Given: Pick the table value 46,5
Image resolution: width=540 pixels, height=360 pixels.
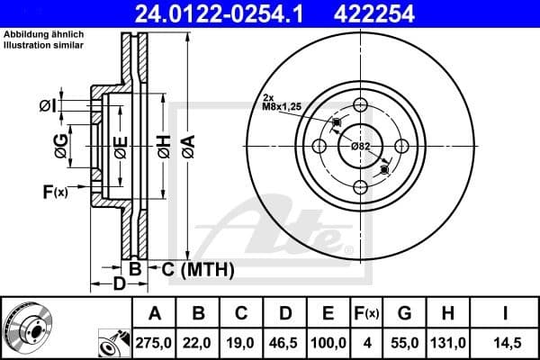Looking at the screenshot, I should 286,343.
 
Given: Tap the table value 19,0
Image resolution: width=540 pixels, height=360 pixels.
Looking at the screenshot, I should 242,343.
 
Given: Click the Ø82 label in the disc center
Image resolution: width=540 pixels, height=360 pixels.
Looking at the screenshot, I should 360,146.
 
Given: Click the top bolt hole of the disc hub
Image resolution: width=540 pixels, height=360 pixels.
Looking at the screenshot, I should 360,104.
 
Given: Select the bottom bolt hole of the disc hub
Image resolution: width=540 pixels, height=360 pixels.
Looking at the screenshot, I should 360,186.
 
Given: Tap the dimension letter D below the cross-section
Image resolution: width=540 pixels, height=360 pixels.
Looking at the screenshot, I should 119,285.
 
